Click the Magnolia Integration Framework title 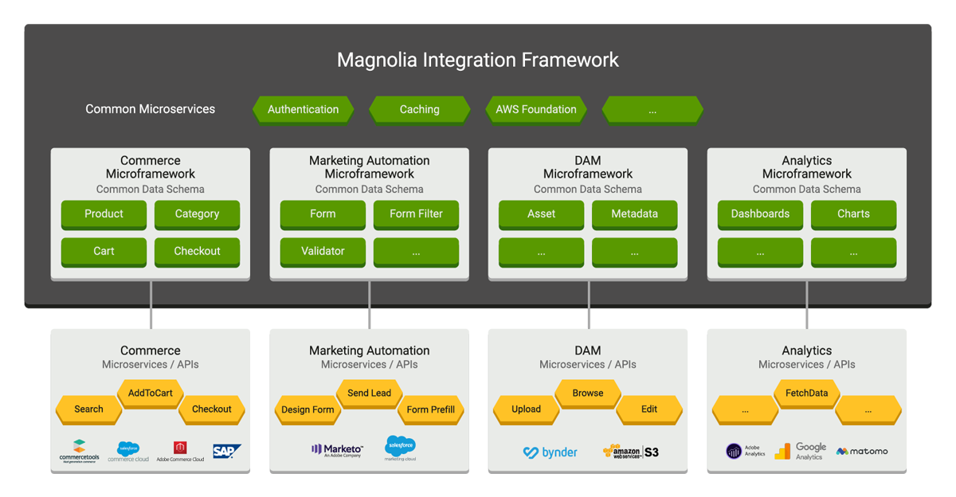point(478,60)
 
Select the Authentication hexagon point(303,109)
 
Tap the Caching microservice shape point(419,109)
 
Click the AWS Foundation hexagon point(535,109)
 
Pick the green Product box point(104,214)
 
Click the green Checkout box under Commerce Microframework point(197,252)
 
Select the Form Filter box point(416,214)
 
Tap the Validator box point(323,252)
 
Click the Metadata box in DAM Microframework point(634,214)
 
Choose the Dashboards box point(760,214)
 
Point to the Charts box point(853,214)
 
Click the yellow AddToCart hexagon point(151,393)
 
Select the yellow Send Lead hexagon point(369,393)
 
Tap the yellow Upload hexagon point(526,409)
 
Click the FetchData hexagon point(806,393)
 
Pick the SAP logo point(226,452)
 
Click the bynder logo point(550,452)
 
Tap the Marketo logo point(337,451)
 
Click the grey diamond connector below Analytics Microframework point(807,319)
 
